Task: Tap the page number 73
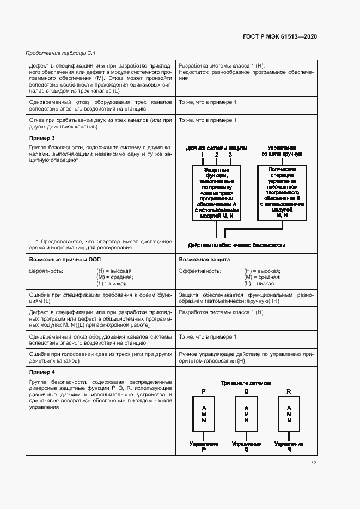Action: coord(313,463)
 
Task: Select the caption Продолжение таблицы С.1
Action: coord(60,53)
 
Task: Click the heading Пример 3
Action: coord(42,138)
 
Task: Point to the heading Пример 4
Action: coord(42,372)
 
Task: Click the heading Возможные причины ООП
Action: coord(65,260)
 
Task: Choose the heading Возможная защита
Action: coord(205,260)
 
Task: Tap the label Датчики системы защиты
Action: coord(216,148)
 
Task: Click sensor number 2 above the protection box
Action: coord(216,155)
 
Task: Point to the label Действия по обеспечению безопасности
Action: coord(236,245)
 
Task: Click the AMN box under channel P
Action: coord(204,414)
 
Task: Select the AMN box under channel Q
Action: coord(246,414)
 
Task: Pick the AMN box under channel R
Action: coord(289,414)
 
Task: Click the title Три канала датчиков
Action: coord(246,383)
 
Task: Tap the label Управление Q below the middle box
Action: coord(246,447)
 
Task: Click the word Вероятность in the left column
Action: coord(46,271)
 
